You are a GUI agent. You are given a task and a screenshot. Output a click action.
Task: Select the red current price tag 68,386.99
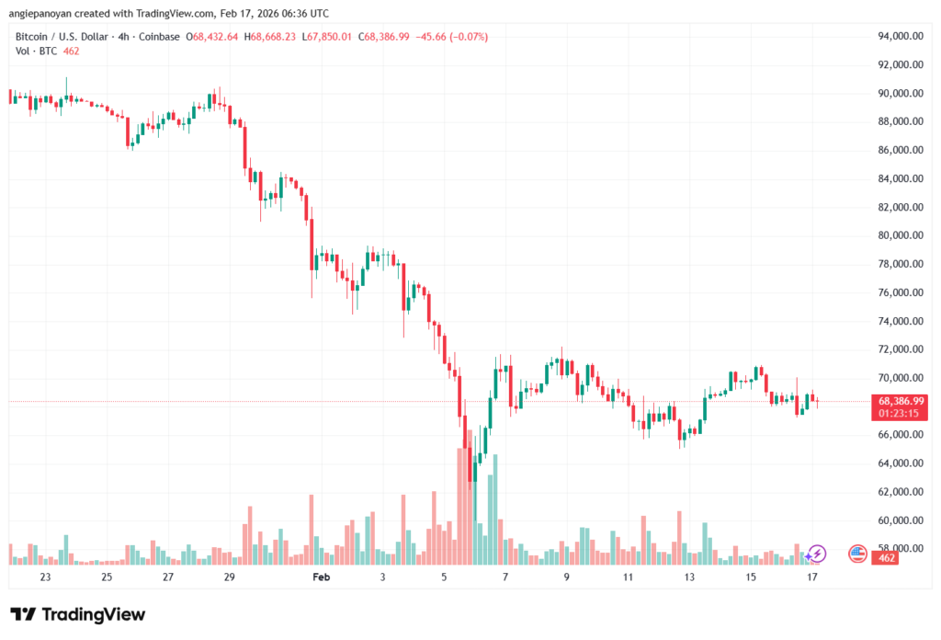point(901,401)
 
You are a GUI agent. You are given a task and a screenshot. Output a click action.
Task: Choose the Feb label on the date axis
point(321,577)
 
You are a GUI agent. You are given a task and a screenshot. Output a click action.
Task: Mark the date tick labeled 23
point(45,577)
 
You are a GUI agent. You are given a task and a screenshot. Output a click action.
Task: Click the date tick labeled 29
point(229,577)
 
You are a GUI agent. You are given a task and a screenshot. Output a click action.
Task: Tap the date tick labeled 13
point(689,577)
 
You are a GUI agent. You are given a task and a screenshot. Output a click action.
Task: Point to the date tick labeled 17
point(812,577)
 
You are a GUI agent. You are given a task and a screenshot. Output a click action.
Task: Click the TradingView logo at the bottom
point(77,614)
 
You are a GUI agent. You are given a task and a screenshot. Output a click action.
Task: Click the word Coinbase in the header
point(161,37)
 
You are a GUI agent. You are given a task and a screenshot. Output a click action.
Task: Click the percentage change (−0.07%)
point(467,37)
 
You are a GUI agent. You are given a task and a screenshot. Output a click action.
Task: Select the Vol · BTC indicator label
point(34,51)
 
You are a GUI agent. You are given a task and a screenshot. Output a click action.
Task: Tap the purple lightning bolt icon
point(817,554)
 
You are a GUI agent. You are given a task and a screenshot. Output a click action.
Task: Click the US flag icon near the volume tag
point(857,554)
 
